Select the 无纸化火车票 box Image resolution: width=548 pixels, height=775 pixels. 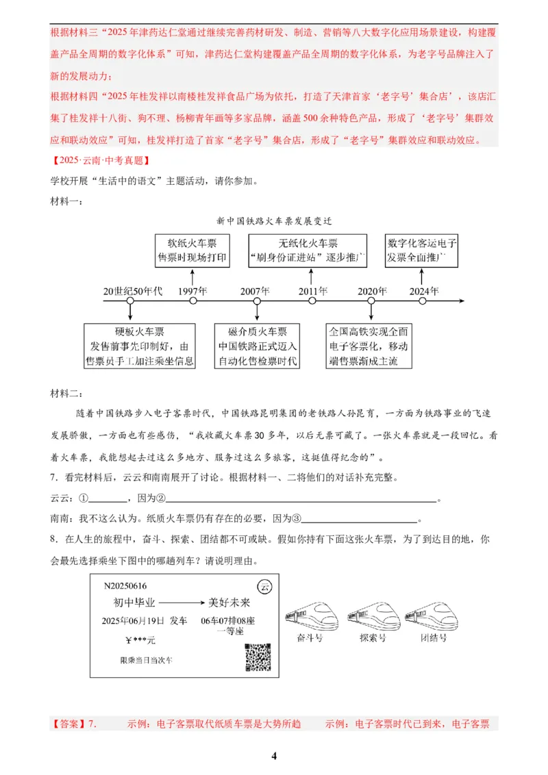coord(308,251)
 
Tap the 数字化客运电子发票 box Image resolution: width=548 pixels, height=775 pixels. coord(422,251)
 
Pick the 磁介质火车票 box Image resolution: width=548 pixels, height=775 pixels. coord(258,346)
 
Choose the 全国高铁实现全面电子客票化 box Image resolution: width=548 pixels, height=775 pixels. coord(371,346)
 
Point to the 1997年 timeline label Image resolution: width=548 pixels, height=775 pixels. coord(193,290)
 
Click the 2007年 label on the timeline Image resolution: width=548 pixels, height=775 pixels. coord(256,290)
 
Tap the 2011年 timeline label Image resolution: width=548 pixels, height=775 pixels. coord(312,290)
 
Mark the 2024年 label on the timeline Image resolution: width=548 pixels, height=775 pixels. coord(423,290)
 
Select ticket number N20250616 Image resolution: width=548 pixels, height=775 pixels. coord(125,586)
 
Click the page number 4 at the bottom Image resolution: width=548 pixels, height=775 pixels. coord(274,756)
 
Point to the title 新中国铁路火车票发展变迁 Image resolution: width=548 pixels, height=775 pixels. coord(273,221)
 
